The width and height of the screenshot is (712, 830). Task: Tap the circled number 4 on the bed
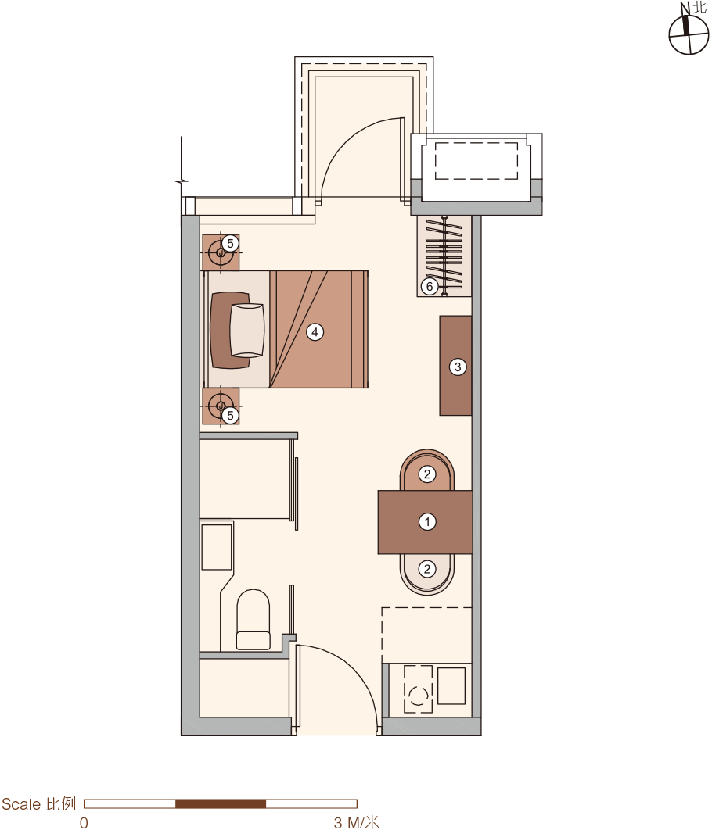pyautogui.click(x=315, y=332)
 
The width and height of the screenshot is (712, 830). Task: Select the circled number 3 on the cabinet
pyautogui.click(x=458, y=367)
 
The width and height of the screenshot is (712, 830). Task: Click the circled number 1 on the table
pyautogui.click(x=427, y=522)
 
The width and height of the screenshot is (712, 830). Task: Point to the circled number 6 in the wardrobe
pyautogui.click(x=430, y=286)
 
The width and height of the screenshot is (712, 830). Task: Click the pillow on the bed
pyautogui.click(x=247, y=330)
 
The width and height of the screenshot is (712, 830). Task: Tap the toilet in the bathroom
pyautogui.click(x=254, y=619)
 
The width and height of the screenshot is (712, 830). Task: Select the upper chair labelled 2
pyautogui.click(x=427, y=470)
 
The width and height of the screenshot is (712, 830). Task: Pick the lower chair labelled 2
pyautogui.click(x=427, y=574)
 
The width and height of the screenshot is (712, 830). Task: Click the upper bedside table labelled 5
pyautogui.click(x=221, y=252)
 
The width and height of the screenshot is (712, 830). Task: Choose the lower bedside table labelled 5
pyautogui.click(x=221, y=406)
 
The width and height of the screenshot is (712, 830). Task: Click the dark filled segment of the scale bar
pyautogui.click(x=221, y=803)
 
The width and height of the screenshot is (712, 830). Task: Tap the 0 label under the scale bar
pyautogui.click(x=84, y=822)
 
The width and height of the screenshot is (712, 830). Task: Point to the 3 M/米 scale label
pyautogui.click(x=357, y=822)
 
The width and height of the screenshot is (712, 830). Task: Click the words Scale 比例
pyautogui.click(x=38, y=803)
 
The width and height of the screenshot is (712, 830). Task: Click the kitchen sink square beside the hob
pyautogui.click(x=451, y=685)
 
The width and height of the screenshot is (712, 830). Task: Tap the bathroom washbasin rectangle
pyautogui.click(x=218, y=547)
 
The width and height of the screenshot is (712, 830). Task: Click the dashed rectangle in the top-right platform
pyautogui.click(x=476, y=161)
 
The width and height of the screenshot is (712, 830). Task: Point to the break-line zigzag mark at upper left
pyautogui.click(x=182, y=181)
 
